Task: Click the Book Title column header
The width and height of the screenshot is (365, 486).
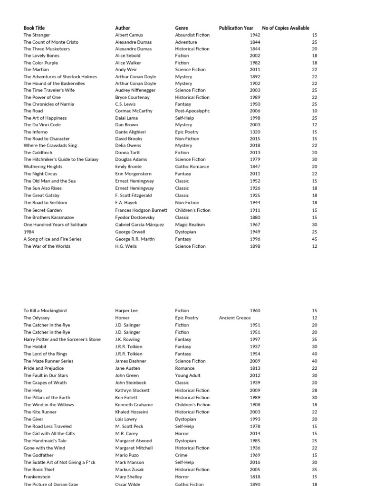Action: pos(34,28)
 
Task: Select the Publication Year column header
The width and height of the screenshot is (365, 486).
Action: pos(236,28)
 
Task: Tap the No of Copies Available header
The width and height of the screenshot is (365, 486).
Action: pos(286,28)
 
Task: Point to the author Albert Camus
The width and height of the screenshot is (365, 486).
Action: pos(129,35)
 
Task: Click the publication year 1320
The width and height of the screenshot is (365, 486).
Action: pos(255,132)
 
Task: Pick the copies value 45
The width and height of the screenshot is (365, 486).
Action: pos(315,239)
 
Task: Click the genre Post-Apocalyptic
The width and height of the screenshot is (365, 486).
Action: pos(192,111)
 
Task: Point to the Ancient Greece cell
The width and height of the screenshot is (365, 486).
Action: pos(235,318)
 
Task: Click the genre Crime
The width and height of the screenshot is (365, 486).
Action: pos(182,455)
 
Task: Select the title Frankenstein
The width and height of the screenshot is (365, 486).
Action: pos(37,477)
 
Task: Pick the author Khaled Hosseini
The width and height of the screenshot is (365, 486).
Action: pos(132,412)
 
